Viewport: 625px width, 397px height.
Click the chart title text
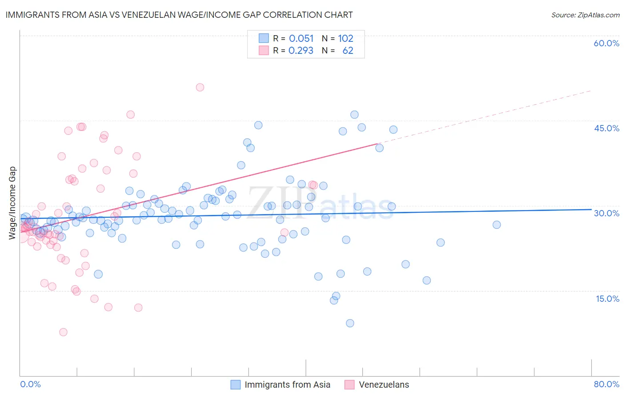(180, 15)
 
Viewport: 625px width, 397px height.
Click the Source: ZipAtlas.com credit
(585, 15)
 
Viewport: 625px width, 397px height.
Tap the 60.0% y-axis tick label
(606, 43)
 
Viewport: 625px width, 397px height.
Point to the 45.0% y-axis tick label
(606, 128)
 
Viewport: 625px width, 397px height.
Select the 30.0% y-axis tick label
(606, 213)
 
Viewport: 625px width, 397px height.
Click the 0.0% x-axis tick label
(30, 384)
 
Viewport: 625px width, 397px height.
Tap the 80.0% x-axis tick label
(606, 384)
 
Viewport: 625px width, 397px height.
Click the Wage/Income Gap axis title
(12, 203)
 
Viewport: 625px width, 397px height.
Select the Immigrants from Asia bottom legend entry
(287, 385)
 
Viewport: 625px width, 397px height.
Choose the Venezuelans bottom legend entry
(384, 385)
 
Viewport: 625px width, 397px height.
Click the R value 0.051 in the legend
(301, 39)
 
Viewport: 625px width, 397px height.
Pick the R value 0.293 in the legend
(301, 51)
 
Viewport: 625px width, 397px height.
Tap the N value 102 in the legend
(345, 39)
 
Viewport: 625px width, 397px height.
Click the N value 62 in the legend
(348, 51)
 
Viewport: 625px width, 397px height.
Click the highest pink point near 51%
(200, 87)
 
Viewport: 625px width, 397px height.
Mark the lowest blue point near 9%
(350, 323)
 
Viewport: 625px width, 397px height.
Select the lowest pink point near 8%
(63, 332)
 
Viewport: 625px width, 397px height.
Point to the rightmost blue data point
(497, 225)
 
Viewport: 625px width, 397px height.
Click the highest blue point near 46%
(354, 114)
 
